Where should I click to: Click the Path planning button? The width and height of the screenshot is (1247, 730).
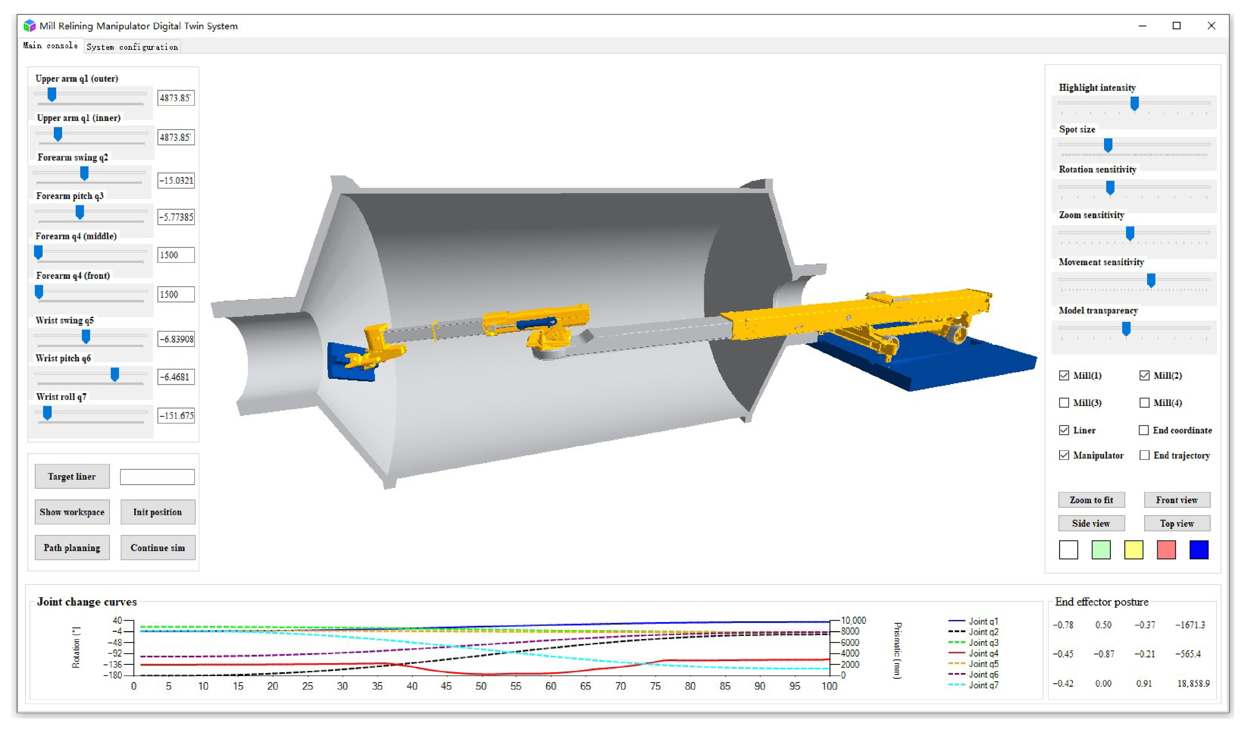tap(72, 548)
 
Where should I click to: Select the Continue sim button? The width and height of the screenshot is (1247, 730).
tap(158, 548)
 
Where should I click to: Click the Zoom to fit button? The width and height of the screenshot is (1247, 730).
tap(1092, 500)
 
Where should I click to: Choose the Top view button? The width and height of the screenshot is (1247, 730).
tap(1177, 524)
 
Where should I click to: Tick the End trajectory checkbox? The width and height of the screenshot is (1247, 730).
tap(1144, 455)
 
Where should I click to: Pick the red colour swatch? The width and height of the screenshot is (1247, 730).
tap(1166, 550)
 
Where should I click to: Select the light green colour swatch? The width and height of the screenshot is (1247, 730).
tap(1101, 550)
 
